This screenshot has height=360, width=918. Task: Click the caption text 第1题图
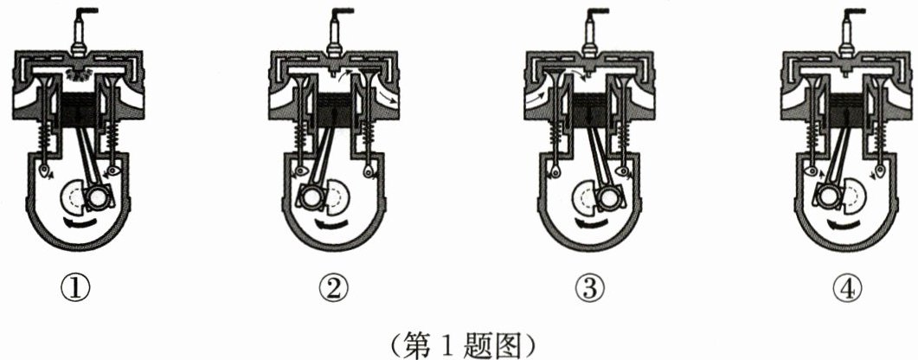click(459, 344)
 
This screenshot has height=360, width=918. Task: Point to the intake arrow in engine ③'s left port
click(538, 93)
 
